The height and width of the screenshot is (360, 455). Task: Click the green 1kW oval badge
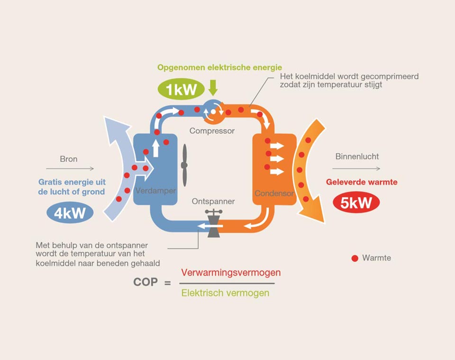click(181, 89)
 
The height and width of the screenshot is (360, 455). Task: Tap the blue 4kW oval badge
click(70, 213)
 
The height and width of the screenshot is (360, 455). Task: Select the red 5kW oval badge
click(356, 203)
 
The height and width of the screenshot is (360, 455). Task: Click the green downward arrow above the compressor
click(213, 87)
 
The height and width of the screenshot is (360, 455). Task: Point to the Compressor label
click(212, 130)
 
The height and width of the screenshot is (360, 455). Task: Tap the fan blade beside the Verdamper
click(184, 165)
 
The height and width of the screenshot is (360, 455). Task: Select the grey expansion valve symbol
click(214, 223)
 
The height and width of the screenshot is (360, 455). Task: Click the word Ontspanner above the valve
click(213, 201)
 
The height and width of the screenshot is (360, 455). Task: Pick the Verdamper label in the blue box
click(155, 191)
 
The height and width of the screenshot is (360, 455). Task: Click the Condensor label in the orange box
click(274, 194)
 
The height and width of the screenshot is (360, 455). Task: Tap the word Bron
click(69, 159)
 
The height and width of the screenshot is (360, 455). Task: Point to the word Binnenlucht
click(357, 157)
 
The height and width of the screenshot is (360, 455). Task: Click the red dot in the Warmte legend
click(355, 258)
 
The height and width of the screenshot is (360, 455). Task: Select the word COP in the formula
click(146, 282)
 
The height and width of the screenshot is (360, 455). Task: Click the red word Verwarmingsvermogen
click(231, 273)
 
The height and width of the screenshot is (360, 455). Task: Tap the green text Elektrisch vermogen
click(226, 293)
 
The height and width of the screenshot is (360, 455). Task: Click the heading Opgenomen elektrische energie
click(219, 67)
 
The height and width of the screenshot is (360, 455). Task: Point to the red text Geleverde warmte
click(362, 182)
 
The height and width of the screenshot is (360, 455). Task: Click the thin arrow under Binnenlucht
click(356, 169)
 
